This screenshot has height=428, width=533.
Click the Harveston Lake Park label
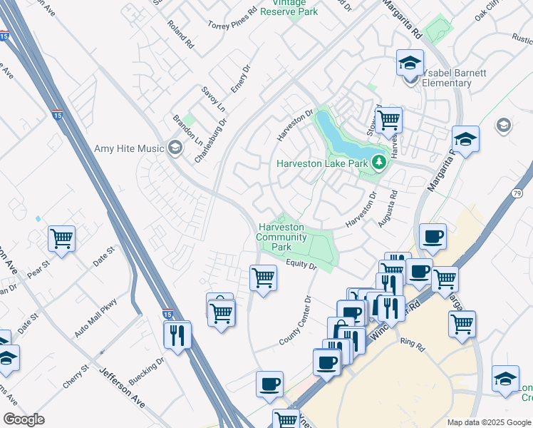[x=322, y=164]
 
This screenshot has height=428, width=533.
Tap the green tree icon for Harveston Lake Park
[x=379, y=163]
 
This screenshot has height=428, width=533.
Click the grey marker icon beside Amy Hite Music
[x=174, y=148]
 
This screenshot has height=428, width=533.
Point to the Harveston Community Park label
[x=281, y=237]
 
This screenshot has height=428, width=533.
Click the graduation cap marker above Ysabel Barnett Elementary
[x=410, y=63]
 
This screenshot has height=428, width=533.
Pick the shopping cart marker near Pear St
[x=62, y=238]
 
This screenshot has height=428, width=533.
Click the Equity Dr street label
[x=301, y=265]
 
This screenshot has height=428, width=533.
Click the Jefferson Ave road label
[x=122, y=388]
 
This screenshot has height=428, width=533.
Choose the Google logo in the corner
[x=24, y=419]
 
